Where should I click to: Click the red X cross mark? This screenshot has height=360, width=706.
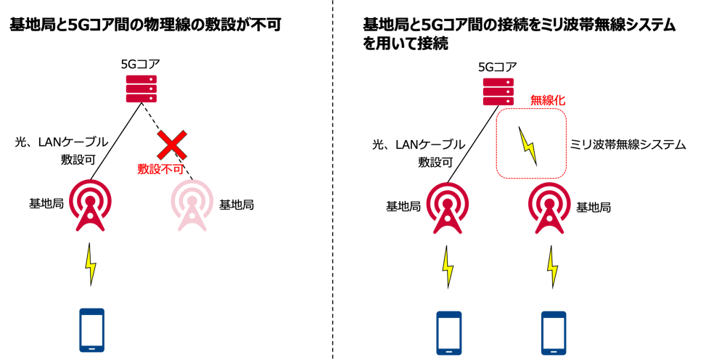(x=172, y=144)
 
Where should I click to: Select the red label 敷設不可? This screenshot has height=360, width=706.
(x=160, y=169)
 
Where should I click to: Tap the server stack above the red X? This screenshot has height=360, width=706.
(x=141, y=89)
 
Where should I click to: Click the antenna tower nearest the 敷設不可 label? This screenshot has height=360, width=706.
(x=192, y=205)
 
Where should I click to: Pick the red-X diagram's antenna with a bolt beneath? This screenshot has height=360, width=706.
(x=90, y=205)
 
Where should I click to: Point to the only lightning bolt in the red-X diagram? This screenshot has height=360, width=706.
(x=91, y=264)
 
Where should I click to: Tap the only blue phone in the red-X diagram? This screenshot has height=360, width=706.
(x=91, y=330)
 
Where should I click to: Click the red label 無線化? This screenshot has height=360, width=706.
(x=547, y=100)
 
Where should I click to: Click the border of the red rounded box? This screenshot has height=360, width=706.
(x=496, y=144)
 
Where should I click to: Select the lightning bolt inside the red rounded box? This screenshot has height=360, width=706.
(x=528, y=145)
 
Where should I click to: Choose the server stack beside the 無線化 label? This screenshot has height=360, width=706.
(x=498, y=91)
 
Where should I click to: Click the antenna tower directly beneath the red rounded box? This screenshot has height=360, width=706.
(x=549, y=208)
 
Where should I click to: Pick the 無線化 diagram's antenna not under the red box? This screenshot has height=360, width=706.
(x=448, y=208)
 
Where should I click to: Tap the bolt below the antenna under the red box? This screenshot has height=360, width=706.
(x=552, y=267)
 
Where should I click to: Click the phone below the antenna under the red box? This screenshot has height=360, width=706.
(x=554, y=333)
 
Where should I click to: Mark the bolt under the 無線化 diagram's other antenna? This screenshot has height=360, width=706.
(x=448, y=267)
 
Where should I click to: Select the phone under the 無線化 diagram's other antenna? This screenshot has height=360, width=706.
(x=449, y=333)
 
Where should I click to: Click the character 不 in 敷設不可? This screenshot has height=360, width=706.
(x=166, y=169)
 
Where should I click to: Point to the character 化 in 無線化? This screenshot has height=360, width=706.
(x=559, y=100)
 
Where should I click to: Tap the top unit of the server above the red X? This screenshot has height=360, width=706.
(x=141, y=79)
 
